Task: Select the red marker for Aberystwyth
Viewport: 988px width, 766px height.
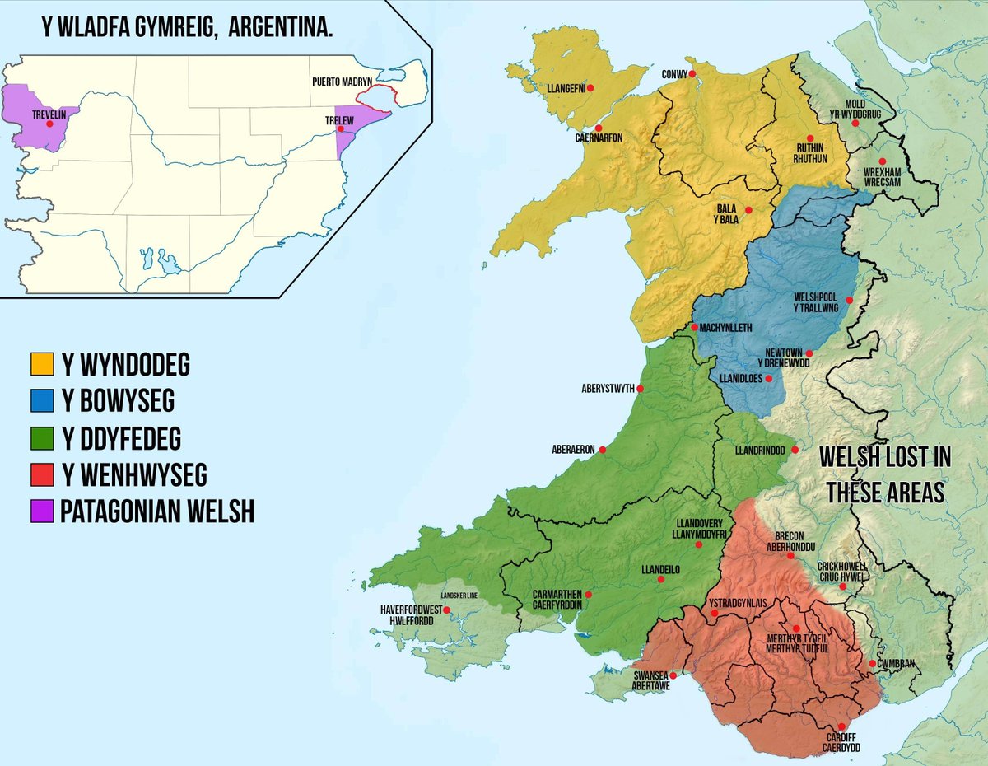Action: tap(640, 389)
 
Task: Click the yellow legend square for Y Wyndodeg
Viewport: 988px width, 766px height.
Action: tap(41, 363)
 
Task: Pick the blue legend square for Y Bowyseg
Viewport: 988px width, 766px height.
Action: tap(41, 401)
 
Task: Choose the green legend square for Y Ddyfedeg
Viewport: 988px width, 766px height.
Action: tap(41, 438)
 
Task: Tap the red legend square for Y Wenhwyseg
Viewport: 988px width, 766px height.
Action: tap(41, 475)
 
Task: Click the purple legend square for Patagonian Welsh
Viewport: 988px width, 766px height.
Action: tap(41, 512)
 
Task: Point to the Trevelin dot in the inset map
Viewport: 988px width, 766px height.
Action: tap(50, 124)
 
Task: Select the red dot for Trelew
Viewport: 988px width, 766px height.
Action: tap(341, 129)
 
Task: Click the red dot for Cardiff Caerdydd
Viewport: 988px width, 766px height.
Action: tap(841, 727)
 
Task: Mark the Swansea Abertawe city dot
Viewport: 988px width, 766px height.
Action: tap(673, 676)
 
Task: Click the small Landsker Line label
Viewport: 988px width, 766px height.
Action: tap(459, 596)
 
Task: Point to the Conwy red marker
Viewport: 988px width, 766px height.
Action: tap(692, 74)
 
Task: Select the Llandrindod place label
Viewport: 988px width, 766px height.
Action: tap(753, 451)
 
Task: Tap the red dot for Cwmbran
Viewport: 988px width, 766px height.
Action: tap(872, 663)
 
